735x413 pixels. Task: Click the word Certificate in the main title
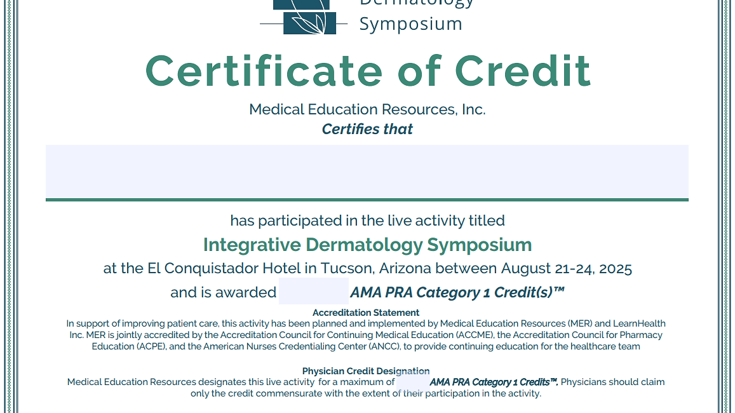264,71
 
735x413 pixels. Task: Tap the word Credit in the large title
522,71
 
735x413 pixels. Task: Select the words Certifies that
367,129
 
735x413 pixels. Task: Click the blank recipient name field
367,172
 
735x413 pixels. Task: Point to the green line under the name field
367,200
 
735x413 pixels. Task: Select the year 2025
615,269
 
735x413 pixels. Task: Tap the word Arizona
405,269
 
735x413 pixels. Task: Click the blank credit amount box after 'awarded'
314,291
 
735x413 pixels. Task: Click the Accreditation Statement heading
366,313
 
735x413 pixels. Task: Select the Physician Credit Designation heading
366,371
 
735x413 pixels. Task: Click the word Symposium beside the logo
410,24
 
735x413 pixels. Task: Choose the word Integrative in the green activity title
252,245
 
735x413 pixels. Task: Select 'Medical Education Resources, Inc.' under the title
367,109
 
